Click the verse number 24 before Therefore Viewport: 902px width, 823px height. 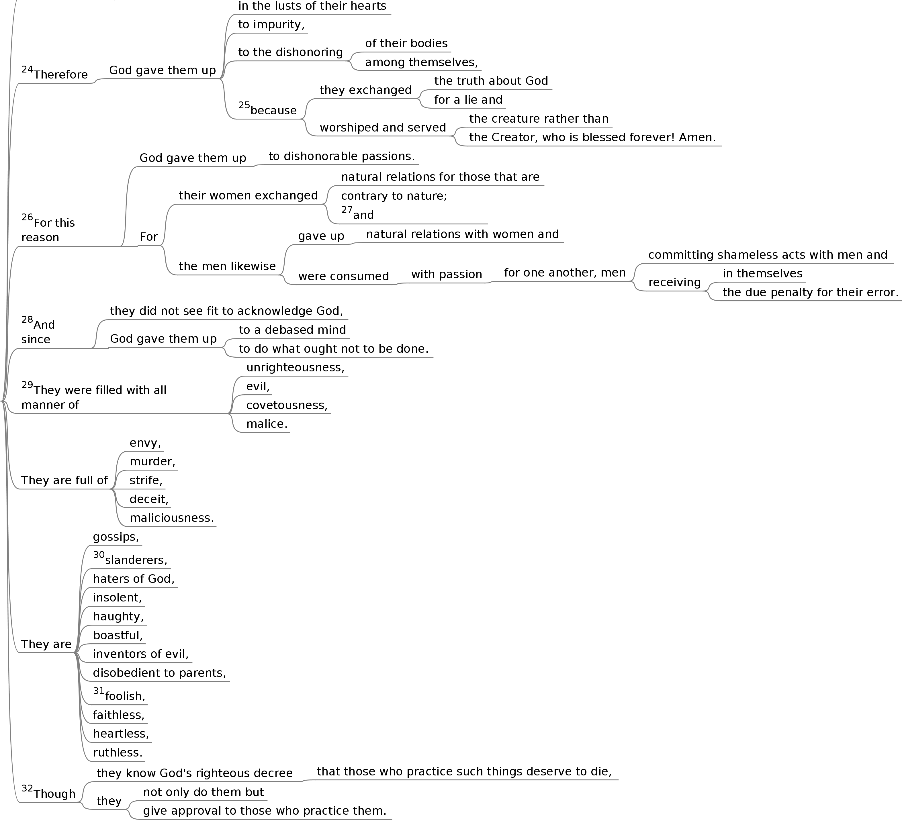coord(27,69)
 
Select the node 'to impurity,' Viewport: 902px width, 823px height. coord(271,25)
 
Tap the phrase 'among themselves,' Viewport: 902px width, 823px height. coord(421,62)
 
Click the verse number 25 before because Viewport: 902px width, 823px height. coord(244,105)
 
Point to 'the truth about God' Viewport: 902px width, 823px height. coord(491,81)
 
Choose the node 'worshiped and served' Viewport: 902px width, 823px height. coord(383,128)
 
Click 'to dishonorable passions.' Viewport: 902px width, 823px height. coord(341,156)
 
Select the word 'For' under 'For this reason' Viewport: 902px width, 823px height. coord(148,237)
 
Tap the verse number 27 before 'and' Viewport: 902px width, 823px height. coord(347,210)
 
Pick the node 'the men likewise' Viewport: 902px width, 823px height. coord(227,267)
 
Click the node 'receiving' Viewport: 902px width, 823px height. coord(674,283)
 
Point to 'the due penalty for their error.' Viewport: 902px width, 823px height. coord(810,293)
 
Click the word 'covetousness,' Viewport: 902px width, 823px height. coord(287,405)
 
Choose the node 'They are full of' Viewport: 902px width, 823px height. coord(64,480)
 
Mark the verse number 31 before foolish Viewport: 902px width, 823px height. coord(98,691)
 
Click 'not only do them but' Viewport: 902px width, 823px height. coord(203,792)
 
